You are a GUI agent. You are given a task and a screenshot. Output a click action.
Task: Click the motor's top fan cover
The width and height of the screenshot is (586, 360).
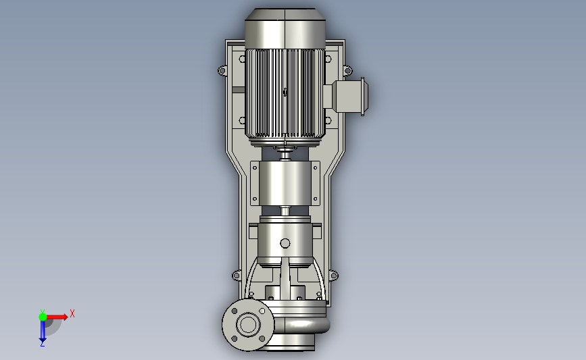point(285,29)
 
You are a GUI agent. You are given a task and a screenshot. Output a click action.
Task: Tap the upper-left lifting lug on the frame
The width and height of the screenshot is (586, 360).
point(222,70)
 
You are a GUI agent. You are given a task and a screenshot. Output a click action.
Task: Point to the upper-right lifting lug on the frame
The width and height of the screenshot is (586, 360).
point(347,70)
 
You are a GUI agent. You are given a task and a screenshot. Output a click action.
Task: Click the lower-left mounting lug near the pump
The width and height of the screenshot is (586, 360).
point(236,276)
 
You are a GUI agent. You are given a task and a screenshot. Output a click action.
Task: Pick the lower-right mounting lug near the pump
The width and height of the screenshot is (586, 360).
point(334,276)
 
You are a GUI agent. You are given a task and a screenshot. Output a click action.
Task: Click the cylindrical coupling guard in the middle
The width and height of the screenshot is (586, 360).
point(285,183)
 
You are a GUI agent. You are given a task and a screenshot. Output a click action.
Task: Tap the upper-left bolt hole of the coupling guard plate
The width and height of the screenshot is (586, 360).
point(255,168)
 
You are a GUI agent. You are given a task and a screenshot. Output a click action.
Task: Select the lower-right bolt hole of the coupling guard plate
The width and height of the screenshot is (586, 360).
point(315,199)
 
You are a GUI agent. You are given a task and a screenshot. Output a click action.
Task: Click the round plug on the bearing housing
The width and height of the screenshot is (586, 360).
point(285,243)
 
